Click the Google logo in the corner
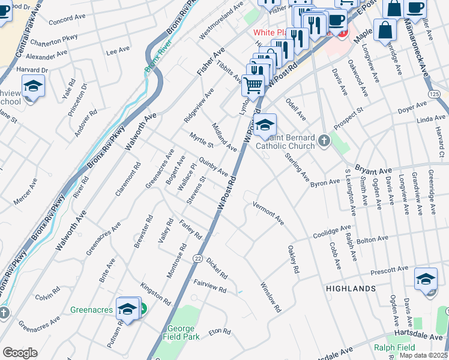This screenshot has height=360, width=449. pos(20,353)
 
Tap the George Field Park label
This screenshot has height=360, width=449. pos(181,332)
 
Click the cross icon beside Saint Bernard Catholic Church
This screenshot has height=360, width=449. pos(324,141)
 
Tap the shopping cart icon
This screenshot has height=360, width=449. pos(253,85)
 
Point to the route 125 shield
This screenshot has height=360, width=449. pos(435,95)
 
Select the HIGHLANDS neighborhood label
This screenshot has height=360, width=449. pos(351,289)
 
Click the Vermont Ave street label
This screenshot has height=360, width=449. pos(268,212)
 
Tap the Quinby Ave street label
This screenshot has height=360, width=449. pos(213,167)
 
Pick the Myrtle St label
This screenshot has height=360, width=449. pos(202,140)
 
